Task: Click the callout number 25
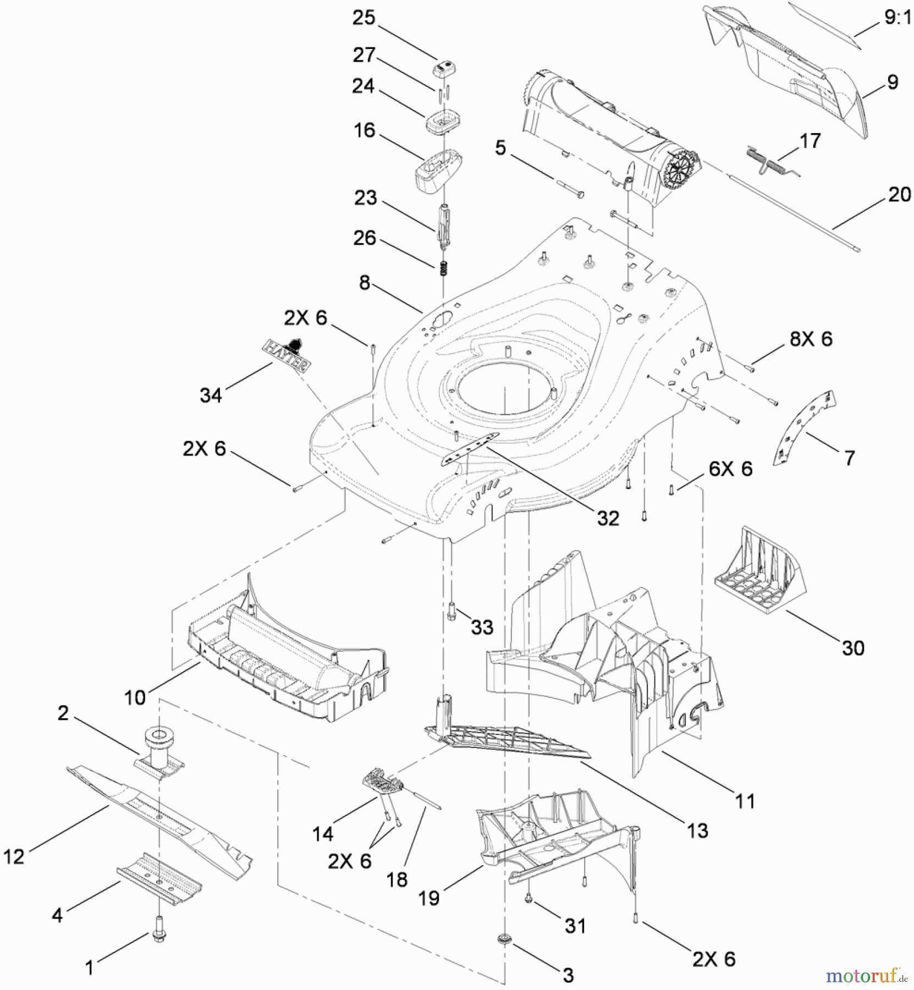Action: pos(364,18)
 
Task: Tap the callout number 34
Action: pos(211,395)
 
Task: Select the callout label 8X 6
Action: pos(811,339)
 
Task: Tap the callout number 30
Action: pos(853,648)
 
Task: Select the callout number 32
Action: pos(608,518)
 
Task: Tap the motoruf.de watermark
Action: pos(867,976)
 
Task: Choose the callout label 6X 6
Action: pos(730,469)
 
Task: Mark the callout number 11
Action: pos(745,801)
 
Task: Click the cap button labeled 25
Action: pos(444,69)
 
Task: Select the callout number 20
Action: pos(899,195)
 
